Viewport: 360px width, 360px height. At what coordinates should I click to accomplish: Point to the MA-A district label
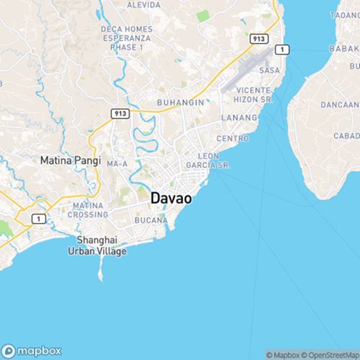coord(117,164)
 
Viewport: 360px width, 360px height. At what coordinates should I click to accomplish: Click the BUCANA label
coord(150,220)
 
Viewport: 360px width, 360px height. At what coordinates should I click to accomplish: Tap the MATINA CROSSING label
coord(88,210)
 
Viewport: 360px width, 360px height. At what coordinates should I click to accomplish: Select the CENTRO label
coord(232,137)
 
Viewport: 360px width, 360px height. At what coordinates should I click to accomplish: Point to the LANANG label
coord(240,117)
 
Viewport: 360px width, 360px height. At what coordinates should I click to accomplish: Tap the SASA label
coord(269,71)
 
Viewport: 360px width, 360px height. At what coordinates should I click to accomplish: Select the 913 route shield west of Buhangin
coord(120,113)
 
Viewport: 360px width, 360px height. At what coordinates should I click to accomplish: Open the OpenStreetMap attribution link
coord(332,355)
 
